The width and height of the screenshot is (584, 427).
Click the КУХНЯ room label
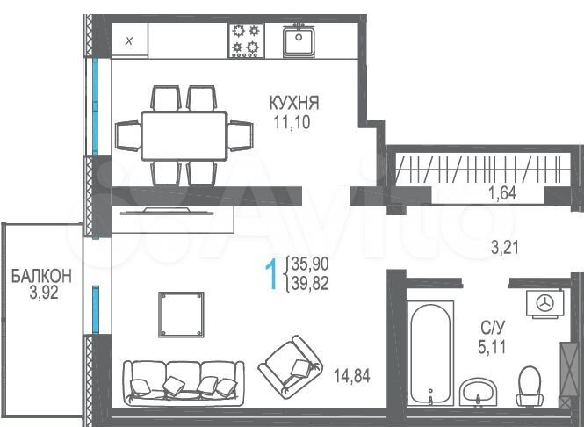coord(293,104)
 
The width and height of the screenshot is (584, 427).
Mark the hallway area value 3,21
coord(504,248)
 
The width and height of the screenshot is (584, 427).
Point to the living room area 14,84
coord(351,376)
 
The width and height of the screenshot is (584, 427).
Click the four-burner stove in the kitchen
coord(247,39)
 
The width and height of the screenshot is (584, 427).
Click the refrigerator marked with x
coord(129,40)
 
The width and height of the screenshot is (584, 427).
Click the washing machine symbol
coord(545,301)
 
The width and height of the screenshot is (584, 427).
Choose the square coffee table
coord(181,313)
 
